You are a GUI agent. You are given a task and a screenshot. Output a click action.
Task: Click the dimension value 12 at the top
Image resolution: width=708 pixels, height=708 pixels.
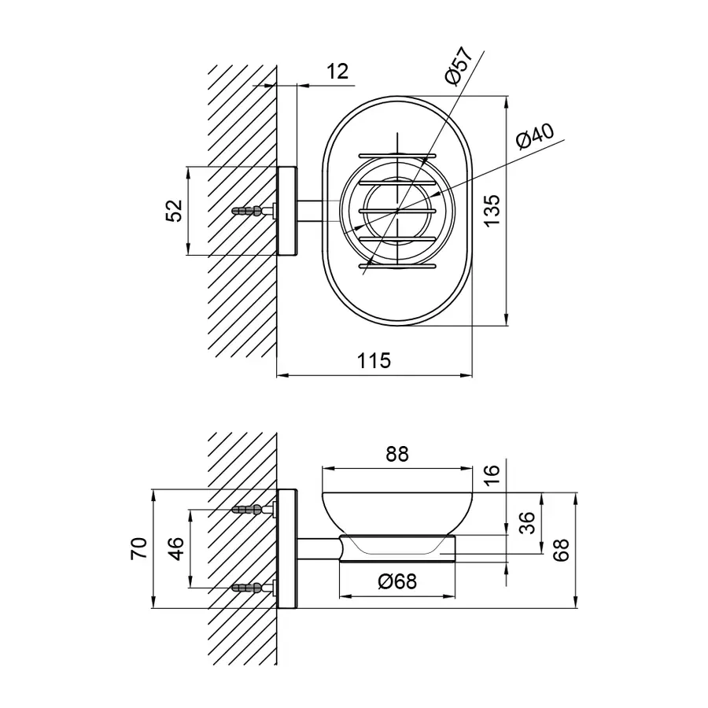coord(337,72)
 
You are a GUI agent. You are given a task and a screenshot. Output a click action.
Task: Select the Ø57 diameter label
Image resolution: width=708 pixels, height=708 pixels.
coord(459,65)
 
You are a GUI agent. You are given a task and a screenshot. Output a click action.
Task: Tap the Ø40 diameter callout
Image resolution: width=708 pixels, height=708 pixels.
coord(535,135)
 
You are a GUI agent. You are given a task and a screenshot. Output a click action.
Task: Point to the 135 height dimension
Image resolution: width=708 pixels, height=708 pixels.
coord(492,210)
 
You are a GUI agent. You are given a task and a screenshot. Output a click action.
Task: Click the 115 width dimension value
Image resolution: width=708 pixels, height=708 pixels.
coord(374,361)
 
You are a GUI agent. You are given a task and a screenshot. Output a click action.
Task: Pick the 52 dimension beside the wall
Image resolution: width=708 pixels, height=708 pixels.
coord(175,210)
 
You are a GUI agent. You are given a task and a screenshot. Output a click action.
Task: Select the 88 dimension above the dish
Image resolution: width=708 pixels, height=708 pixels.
coord(397,454)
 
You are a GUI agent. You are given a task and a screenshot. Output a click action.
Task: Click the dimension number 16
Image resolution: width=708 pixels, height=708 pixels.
coord(492,474)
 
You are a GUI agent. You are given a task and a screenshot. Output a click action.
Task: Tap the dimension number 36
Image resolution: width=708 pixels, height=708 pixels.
coord(526,523)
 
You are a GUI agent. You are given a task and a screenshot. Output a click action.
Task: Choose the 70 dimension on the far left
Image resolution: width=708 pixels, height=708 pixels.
coord(139,548)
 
